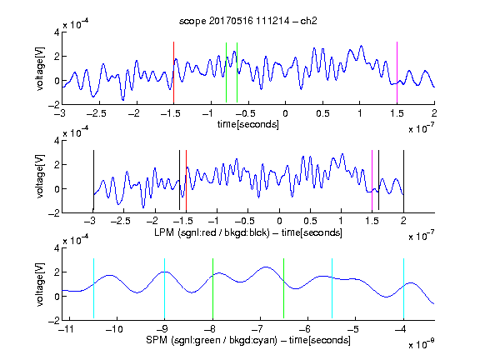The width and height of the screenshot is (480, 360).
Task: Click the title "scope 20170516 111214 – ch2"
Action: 248,21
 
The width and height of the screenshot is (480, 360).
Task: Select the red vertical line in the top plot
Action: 173,72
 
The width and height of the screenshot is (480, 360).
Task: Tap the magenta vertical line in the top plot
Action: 397,72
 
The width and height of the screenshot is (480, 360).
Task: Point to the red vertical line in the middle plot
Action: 186,181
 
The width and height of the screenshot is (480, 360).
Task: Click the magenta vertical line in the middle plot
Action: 372,181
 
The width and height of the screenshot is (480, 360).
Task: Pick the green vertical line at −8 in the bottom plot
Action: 212,288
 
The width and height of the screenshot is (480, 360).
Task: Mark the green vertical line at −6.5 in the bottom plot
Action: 284,288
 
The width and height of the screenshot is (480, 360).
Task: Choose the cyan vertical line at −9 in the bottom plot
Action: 165,288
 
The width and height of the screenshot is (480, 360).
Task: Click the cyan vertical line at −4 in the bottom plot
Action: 403,288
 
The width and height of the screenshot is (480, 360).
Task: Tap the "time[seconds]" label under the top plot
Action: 248,124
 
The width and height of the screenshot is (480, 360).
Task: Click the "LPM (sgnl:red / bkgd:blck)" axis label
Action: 212,232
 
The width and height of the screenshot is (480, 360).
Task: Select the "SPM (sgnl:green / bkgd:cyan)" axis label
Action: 212,340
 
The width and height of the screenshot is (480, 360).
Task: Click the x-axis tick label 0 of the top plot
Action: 285,113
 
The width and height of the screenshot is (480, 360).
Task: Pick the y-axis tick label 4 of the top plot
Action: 57,32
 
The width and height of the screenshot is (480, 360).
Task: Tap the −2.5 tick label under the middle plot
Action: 121,221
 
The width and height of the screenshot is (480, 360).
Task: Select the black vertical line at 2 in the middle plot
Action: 403,181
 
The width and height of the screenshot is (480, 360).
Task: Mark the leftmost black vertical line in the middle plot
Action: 93,181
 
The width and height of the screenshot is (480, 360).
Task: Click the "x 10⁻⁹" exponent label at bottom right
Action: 421,344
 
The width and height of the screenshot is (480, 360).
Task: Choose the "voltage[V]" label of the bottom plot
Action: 40,284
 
